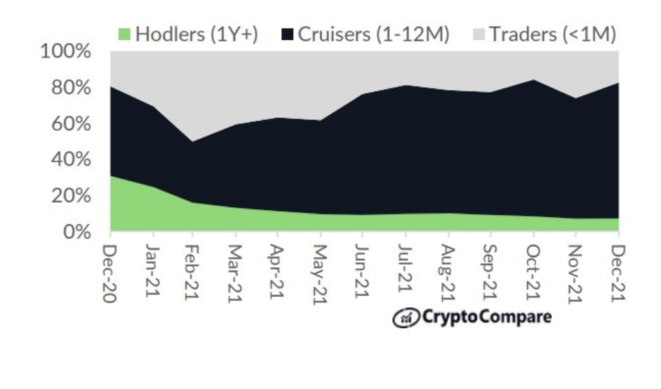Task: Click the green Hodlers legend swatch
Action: pyautogui.click(x=125, y=34)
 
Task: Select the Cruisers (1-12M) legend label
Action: pyautogui.click(x=373, y=34)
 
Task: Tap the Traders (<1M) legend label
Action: pyautogui.click(x=553, y=34)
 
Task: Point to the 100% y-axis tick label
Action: pyautogui.click(x=66, y=51)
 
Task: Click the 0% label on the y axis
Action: pyautogui.click(x=76, y=232)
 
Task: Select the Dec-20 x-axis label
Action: pyautogui.click(x=110, y=273)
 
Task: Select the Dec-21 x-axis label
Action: pyautogui.click(x=617, y=273)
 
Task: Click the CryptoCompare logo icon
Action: pyautogui.click(x=404, y=318)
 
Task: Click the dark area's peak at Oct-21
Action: pyautogui.click(x=534, y=80)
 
